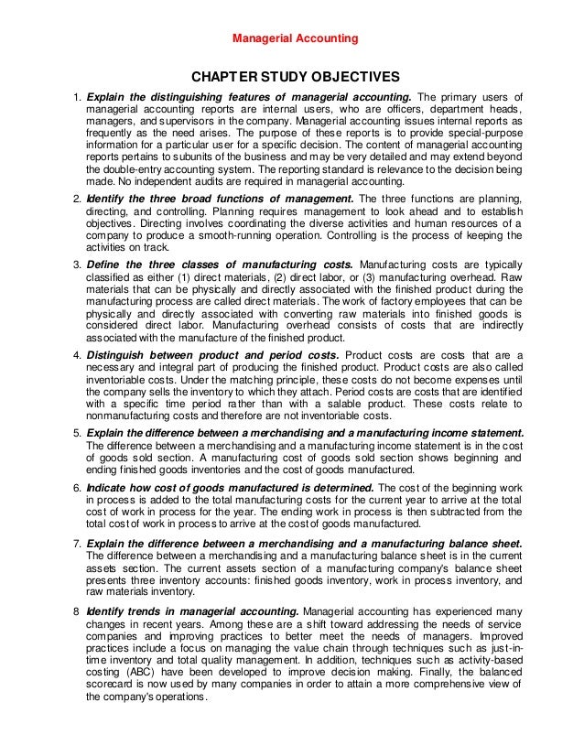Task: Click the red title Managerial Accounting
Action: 292,38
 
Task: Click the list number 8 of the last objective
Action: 76,610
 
